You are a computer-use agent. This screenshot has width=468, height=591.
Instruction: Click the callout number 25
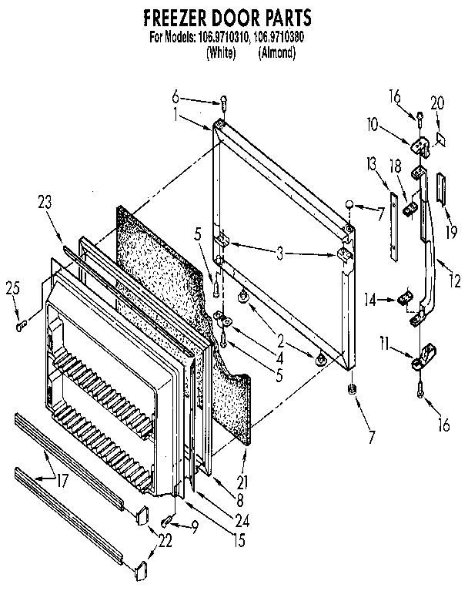point(12,290)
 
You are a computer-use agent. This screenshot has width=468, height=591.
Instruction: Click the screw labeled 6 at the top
point(223,101)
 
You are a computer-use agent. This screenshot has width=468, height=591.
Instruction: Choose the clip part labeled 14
point(402,297)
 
